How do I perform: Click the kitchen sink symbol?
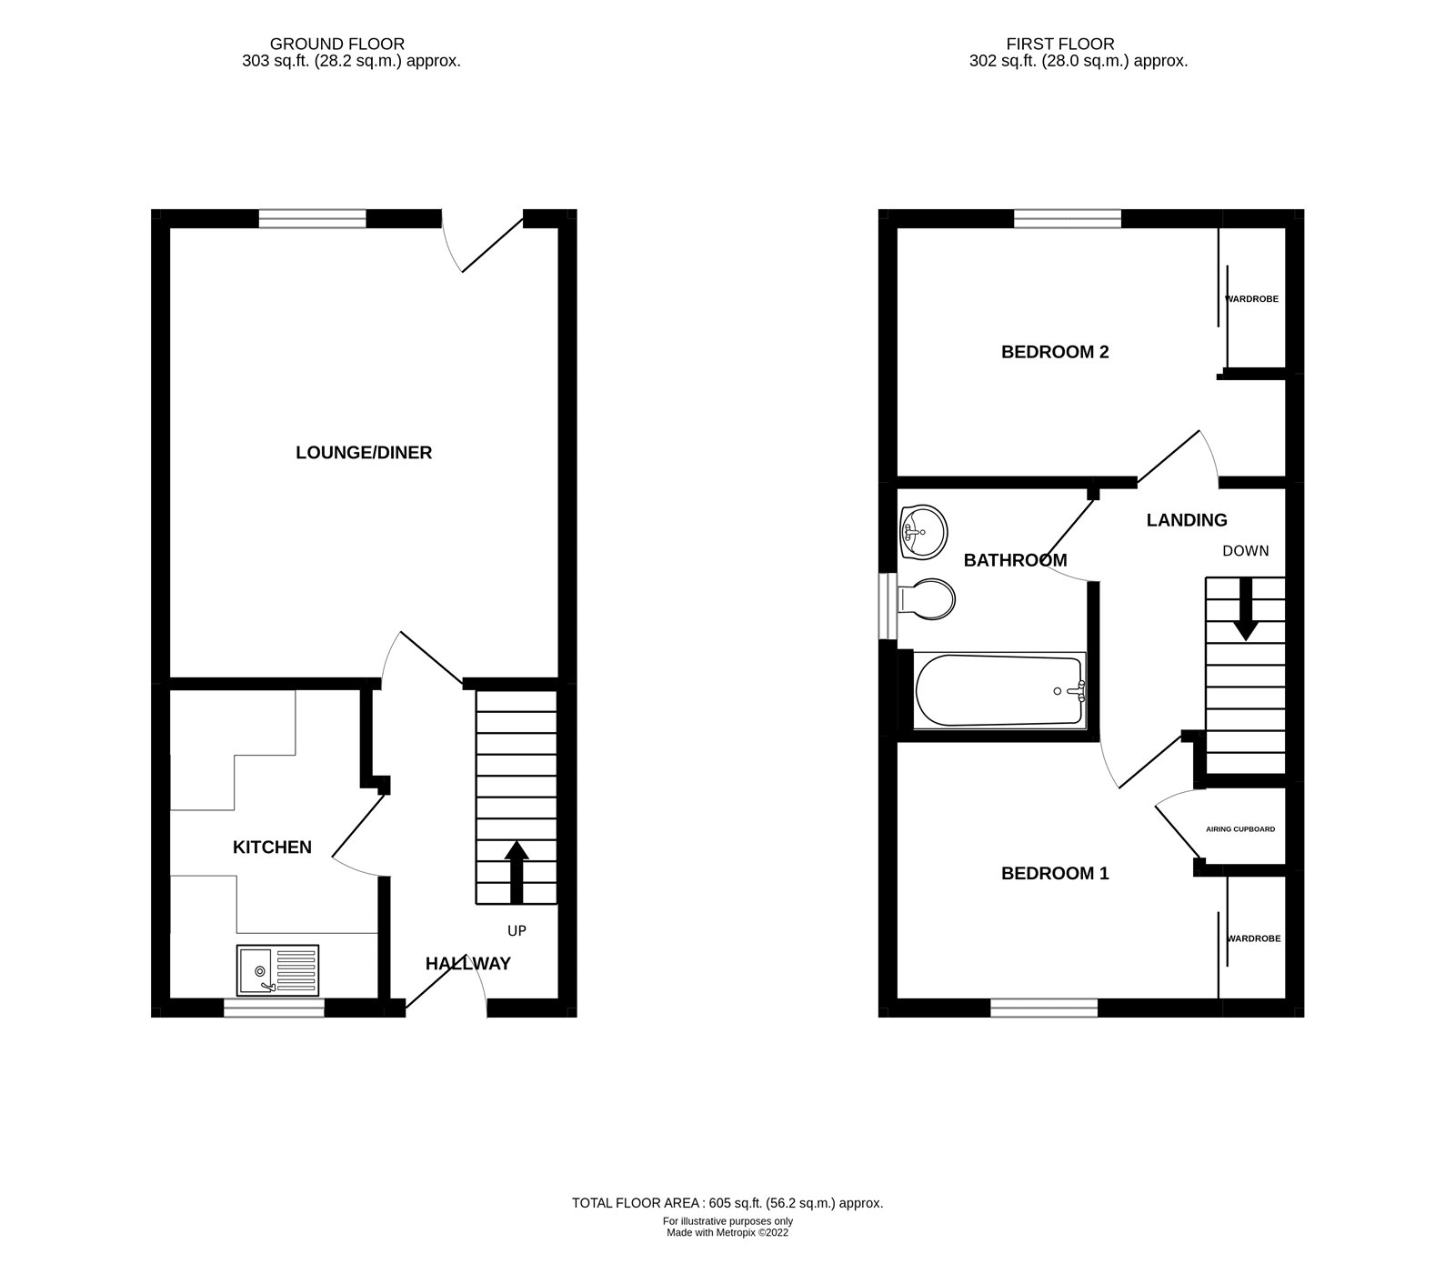(x=278, y=970)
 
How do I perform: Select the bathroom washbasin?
(x=922, y=531)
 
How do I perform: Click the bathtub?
(x=999, y=691)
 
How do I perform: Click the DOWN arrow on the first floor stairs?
(x=1245, y=610)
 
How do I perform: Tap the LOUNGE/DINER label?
(x=364, y=453)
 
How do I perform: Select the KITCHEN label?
(x=272, y=848)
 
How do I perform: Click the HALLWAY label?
(x=468, y=964)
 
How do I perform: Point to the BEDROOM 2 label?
(x=1055, y=352)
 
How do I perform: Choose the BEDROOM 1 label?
(x=1055, y=874)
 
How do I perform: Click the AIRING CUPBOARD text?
(x=1240, y=829)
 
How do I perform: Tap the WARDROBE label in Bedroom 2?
(x=1252, y=299)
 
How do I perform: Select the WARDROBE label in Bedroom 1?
(x=1253, y=938)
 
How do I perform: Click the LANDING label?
(x=1187, y=520)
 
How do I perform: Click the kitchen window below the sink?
(x=274, y=1007)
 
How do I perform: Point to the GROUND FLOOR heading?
(x=337, y=44)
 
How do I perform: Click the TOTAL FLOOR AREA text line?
(x=727, y=1203)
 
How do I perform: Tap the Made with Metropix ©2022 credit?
(x=727, y=1234)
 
